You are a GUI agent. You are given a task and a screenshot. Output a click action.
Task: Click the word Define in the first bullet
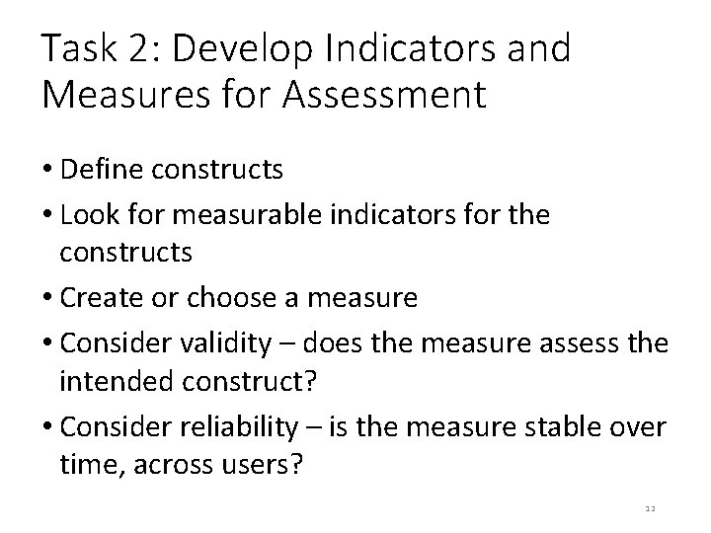tap(98, 170)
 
